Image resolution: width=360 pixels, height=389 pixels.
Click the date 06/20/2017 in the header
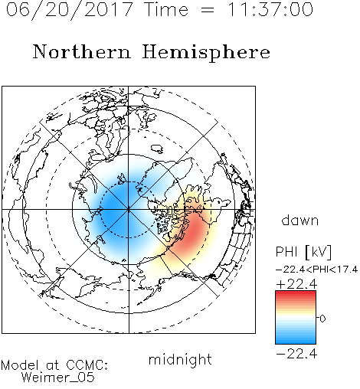pos(70,9)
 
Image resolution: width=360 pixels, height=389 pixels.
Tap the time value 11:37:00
pos(270,9)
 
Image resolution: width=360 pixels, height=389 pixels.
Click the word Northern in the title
pos(82,52)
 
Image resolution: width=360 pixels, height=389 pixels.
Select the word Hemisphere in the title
pos(206,53)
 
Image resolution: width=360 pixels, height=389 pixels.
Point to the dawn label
pos(300,220)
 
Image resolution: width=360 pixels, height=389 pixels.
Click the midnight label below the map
pos(180,359)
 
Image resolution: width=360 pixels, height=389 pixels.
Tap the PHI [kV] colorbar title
pos(303,252)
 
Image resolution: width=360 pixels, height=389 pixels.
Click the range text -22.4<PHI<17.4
pos(316,270)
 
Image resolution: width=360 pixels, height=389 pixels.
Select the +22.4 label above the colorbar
pos(296,284)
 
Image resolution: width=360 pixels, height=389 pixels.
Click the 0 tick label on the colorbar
pos(322,319)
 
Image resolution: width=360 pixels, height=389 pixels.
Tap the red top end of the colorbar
pos(296,293)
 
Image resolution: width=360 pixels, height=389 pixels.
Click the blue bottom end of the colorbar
pos(296,342)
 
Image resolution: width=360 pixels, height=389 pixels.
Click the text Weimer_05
pos(58,377)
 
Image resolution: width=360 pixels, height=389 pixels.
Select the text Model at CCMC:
pos(54,365)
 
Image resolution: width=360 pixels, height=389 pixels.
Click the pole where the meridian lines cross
pos(129,209)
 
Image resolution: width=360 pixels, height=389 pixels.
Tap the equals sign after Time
pos(207,10)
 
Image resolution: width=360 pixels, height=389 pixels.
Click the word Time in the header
pos(166,9)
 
